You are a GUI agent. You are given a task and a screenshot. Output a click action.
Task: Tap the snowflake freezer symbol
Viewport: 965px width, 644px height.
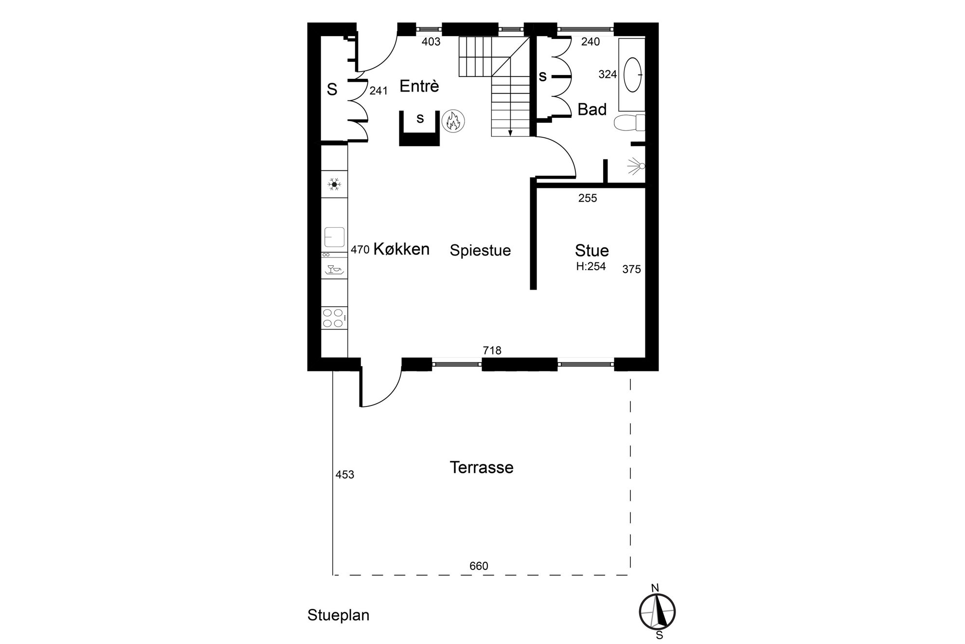pyautogui.click(x=334, y=184)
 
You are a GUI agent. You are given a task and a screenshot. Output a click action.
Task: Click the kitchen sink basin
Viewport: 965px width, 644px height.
pyautogui.click(x=334, y=237)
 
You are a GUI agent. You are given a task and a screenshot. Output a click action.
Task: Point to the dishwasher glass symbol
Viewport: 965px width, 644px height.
pyautogui.click(x=334, y=269)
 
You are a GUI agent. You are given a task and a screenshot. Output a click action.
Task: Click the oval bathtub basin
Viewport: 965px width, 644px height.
pyautogui.click(x=632, y=75)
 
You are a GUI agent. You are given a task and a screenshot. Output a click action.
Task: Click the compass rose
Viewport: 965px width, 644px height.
pyautogui.click(x=657, y=612)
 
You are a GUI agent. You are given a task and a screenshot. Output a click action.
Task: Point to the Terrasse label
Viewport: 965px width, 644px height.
pyautogui.click(x=482, y=467)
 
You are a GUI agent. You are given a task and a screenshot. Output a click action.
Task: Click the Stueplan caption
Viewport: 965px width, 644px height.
pyautogui.click(x=339, y=615)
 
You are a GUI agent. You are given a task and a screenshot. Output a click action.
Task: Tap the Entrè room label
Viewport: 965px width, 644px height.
pyautogui.click(x=419, y=86)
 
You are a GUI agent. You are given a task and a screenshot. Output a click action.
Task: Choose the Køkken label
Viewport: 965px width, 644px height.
pyautogui.click(x=401, y=249)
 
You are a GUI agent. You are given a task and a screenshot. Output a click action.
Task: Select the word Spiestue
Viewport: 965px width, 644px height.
pyautogui.click(x=480, y=250)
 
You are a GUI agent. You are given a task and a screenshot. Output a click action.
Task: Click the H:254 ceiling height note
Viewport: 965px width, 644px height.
pyautogui.click(x=591, y=266)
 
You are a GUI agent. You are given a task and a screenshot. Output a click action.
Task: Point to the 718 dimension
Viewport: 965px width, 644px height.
pyautogui.click(x=492, y=350)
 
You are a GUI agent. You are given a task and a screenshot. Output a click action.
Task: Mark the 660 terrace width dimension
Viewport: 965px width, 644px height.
pyautogui.click(x=479, y=566)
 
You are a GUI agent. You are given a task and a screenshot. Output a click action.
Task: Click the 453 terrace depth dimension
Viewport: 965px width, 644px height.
pyautogui.click(x=345, y=475)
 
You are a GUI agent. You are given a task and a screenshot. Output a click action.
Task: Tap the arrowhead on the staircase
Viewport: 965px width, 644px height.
pyautogui.click(x=510, y=133)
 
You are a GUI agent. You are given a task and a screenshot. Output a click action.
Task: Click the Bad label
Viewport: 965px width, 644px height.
pyautogui.click(x=592, y=110)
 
